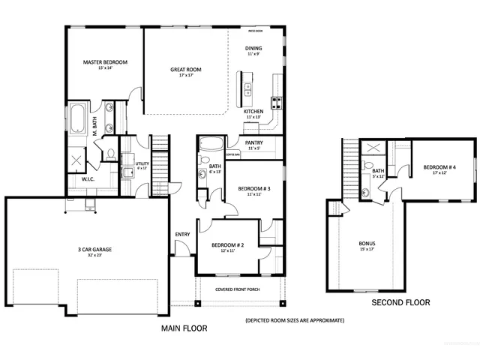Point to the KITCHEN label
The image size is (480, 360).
(x=253, y=111)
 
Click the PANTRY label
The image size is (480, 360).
(x=253, y=142)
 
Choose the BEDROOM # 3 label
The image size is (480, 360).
(x=253, y=188)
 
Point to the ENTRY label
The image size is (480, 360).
(x=182, y=234)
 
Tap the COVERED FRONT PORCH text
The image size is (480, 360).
(x=238, y=289)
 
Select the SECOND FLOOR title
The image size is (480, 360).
(x=400, y=303)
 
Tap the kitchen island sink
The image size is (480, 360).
(x=248, y=89)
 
